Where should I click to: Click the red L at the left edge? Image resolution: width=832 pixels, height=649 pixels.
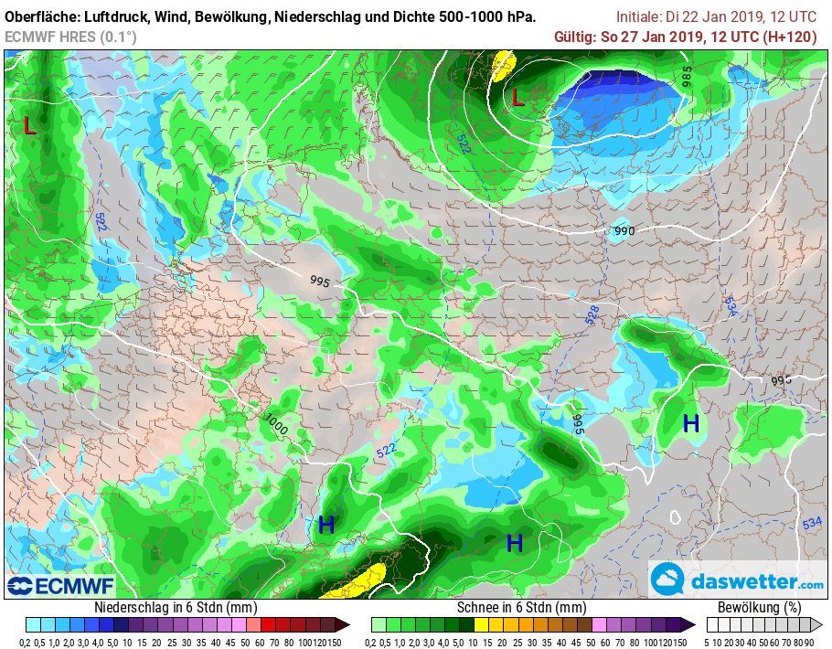click(29, 126)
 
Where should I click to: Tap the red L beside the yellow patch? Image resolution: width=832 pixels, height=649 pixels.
click(517, 97)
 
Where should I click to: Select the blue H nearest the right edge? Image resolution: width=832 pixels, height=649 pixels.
click(691, 423)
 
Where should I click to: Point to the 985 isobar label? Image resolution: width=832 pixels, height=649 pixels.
click(687, 77)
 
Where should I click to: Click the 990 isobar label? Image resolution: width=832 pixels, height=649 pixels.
click(624, 231)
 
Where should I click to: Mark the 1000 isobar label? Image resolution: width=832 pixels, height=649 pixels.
click(276, 423)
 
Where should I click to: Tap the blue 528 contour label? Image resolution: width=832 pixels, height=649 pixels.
click(592, 314)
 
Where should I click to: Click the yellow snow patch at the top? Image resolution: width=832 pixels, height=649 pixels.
click(502, 67)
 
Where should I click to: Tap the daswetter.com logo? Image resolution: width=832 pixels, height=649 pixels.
click(739, 580)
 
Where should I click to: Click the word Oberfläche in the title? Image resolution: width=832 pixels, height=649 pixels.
click(43, 17)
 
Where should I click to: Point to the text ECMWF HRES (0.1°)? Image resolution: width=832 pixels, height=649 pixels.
click(70, 37)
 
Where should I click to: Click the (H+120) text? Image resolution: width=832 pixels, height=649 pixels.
click(789, 37)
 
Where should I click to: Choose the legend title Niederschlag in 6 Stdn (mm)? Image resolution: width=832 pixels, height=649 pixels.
click(176, 608)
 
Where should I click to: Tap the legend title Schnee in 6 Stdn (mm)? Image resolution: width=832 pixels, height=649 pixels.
click(521, 608)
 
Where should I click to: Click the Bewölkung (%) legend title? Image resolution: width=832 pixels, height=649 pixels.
click(759, 608)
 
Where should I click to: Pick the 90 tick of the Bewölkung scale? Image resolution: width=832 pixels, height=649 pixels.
click(809, 642)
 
